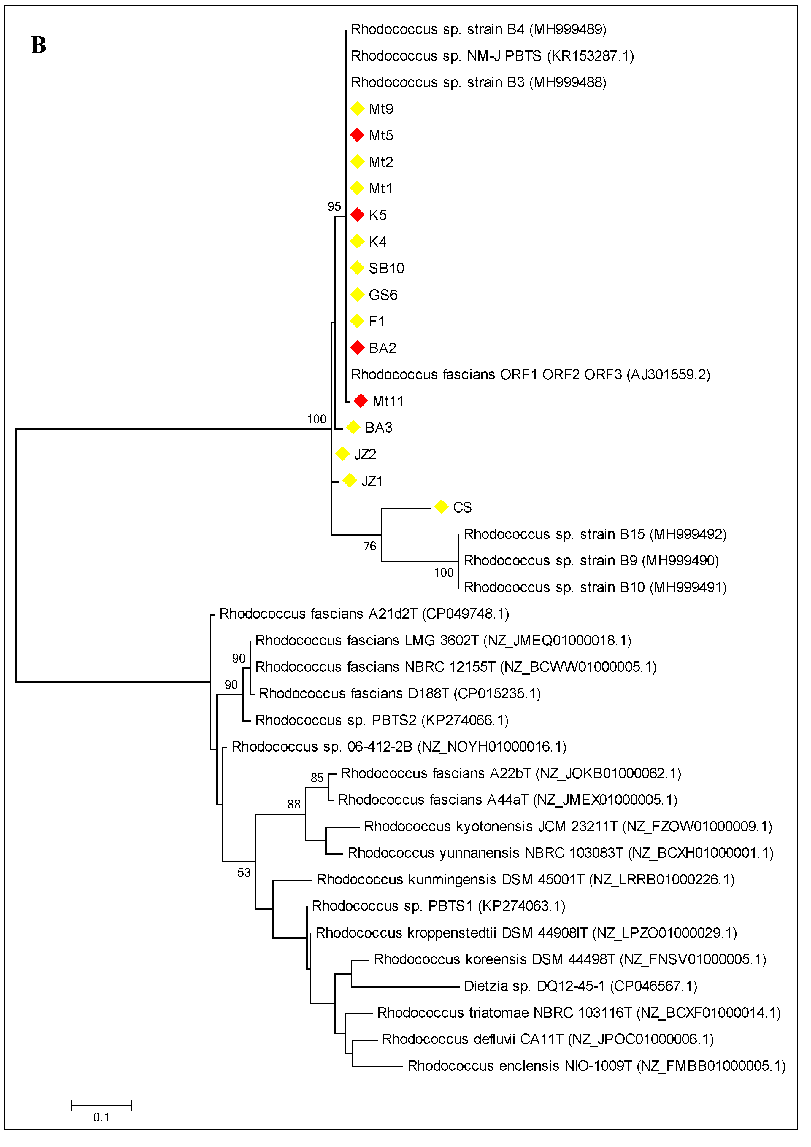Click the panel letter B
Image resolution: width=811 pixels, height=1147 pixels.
click(x=39, y=45)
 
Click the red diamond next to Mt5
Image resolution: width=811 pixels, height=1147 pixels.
click(x=357, y=135)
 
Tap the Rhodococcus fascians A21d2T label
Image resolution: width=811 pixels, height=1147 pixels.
click(x=364, y=614)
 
